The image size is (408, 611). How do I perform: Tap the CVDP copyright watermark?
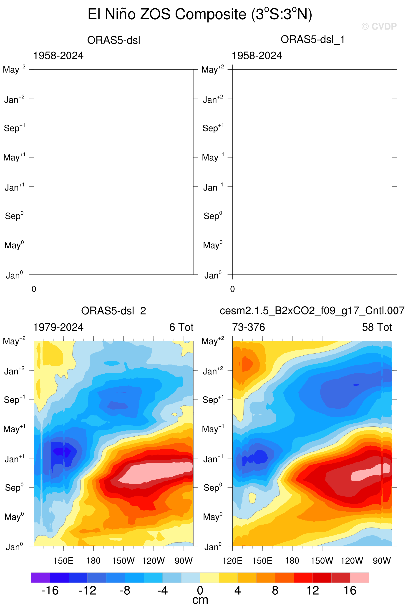tap(379, 26)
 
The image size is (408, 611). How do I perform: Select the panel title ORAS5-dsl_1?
tap(312, 40)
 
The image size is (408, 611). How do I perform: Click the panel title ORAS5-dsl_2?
tap(113, 311)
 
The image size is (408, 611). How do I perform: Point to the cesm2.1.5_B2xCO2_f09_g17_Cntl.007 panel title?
tap(312, 311)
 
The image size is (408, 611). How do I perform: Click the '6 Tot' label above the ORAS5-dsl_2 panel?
tap(181, 327)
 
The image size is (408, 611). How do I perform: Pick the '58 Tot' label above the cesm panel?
tap(377, 327)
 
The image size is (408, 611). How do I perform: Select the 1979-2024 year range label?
tap(58, 327)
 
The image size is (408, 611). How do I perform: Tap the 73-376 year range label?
tap(249, 327)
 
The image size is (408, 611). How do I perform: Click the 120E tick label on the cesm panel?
tap(232, 561)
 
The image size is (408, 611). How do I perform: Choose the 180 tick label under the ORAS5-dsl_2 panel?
tap(93, 561)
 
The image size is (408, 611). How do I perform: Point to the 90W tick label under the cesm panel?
tap(382, 561)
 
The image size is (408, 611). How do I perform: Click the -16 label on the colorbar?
tap(50, 591)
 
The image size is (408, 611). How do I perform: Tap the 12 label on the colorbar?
tap(312, 591)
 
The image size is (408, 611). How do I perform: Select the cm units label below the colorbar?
tap(200, 600)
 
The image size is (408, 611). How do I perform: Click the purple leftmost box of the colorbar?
tap(40, 577)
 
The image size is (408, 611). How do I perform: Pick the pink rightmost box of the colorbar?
tap(359, 577)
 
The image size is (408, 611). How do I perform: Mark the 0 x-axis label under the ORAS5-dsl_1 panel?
tap(232, 289)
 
